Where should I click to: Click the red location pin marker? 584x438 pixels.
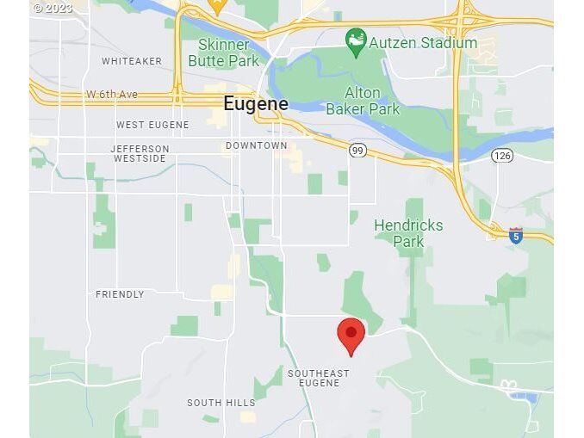351,336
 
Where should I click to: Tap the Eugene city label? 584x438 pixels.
256,104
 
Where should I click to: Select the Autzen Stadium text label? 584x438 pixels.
423,42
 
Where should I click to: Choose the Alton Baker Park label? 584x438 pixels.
363,101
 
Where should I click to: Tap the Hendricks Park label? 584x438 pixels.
408,233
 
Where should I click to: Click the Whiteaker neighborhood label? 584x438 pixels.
132,61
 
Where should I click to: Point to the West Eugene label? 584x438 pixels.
152,125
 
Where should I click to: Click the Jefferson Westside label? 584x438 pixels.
140,154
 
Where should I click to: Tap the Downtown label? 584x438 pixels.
257,145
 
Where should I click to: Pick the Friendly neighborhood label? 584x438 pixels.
120,294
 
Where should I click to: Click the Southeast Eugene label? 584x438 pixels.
319,378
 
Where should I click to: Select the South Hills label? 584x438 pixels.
221,403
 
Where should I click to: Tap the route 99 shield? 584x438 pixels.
357,151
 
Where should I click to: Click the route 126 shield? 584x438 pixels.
502,156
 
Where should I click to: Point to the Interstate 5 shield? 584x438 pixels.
515,236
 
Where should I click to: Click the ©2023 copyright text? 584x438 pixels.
53,9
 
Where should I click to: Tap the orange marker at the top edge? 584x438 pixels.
218,8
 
